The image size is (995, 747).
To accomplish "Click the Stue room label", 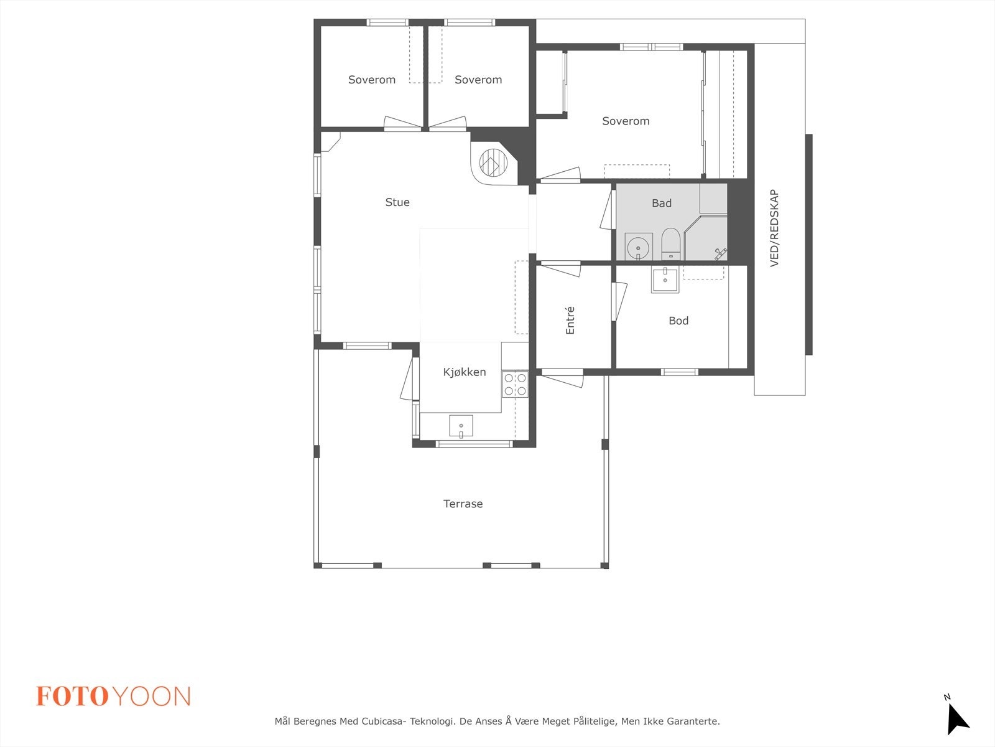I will tap(397, 202).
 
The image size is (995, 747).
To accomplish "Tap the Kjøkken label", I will tap(465, 372).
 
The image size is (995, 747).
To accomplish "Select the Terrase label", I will tap(463, 504).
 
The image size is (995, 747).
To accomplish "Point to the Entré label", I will tap(570, 321).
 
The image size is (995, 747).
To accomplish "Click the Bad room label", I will tap(662, 203).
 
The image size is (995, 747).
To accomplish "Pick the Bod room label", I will tap(678, 321).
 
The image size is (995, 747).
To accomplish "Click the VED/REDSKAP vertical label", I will tap(774, 228).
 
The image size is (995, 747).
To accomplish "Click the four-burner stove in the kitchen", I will tap(515, 384).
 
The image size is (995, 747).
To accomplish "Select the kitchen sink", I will tap(461, 426).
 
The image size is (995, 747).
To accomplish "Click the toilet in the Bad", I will tap(670, 243).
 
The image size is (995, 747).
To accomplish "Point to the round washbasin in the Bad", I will tap(638, 247).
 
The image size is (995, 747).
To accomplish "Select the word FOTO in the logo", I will tap(72, 697).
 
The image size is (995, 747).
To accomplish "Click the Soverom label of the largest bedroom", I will tap(626, 121).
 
